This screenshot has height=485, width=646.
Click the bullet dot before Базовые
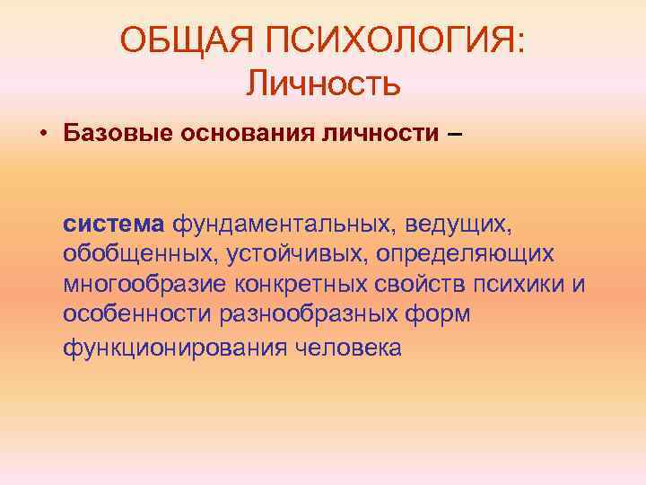tap(42, 135)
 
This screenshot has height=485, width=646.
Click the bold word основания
tap(238, 135)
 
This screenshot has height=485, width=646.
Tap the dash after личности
tap(455, 135)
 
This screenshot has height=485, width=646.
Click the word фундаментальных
tap(285, 221)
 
